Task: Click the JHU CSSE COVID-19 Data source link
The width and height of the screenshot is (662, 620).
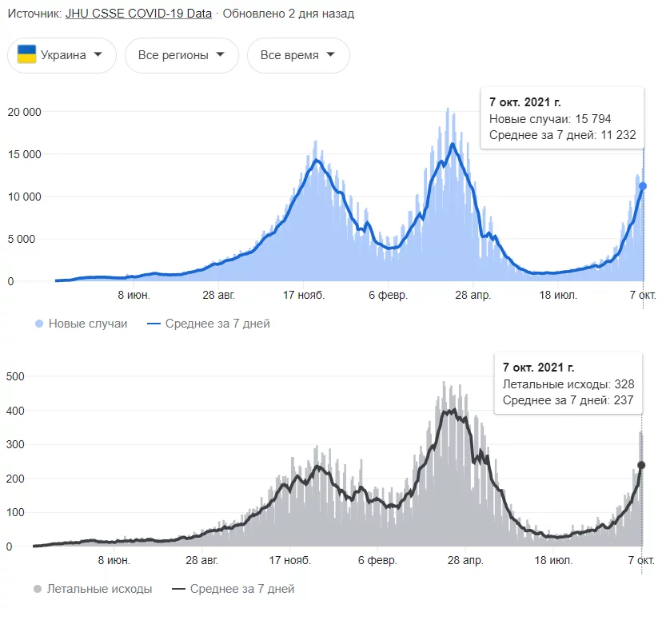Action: pos(138,14)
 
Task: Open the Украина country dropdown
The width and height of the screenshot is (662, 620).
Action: pos(62,55)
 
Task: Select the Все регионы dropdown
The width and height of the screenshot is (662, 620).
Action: pos(181,55)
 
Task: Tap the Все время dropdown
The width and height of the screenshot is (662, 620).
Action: pos(297,55)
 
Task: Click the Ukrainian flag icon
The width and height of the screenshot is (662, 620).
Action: pos(27,55)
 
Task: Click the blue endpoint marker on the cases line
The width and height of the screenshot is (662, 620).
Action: pos(642,186)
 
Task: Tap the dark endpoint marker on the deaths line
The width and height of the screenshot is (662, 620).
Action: pos(641,465)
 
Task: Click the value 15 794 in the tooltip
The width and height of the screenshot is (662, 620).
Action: pos(593,119)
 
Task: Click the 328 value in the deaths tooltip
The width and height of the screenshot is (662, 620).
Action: pos(624,384)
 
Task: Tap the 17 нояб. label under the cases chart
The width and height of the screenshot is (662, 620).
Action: pos(302,296)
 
